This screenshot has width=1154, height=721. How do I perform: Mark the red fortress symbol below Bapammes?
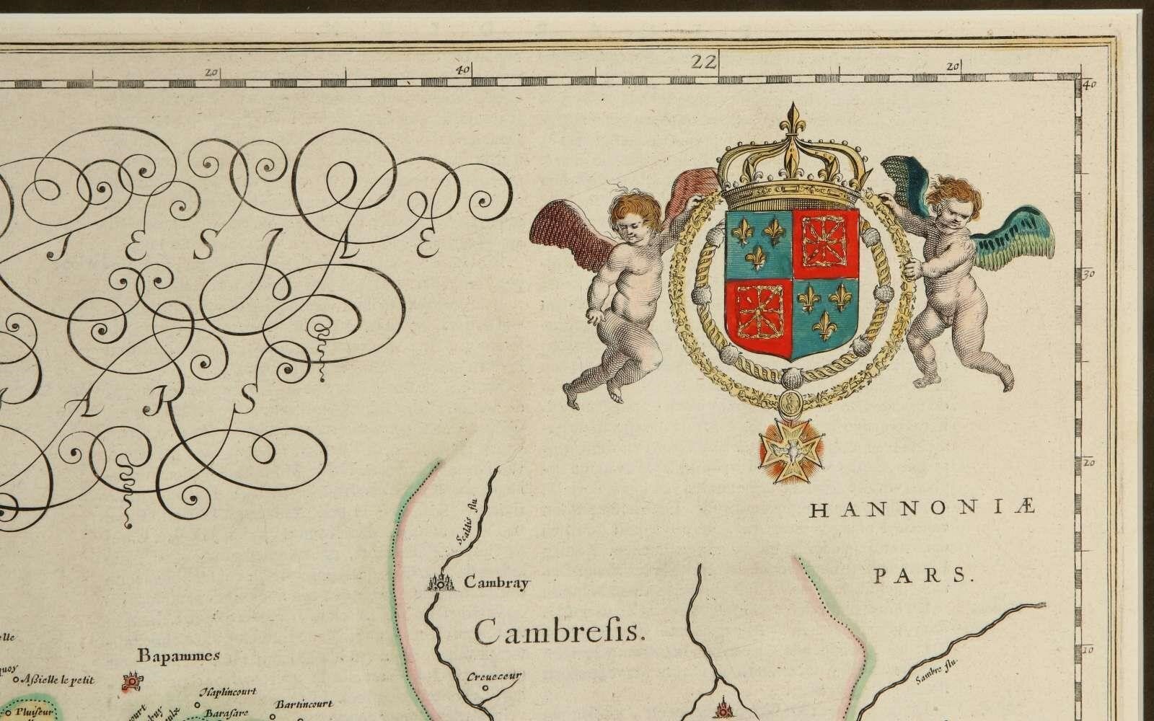click(132, 681)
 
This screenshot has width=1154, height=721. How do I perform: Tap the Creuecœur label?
click(493, 676)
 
